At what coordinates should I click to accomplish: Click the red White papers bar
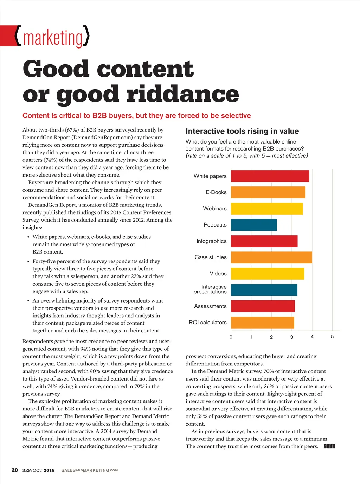270,176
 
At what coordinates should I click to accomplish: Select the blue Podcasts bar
254,225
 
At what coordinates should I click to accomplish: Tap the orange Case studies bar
271,257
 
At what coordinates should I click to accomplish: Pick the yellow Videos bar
268,274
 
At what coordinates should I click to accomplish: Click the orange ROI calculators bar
263,323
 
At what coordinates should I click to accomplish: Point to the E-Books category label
216,192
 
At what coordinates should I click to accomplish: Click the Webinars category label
215,209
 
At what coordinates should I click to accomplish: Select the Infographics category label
212,241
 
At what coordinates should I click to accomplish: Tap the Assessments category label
210,306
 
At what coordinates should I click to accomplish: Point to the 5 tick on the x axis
332,337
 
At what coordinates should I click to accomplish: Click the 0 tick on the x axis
231,337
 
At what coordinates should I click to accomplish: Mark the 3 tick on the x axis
292,337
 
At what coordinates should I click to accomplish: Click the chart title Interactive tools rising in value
242,132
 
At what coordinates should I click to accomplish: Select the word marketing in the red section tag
53,38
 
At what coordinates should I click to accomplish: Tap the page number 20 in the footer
15,470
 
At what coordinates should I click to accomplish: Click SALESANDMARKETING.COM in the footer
89,470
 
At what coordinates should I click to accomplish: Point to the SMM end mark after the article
329,446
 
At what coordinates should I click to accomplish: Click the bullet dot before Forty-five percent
28,262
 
